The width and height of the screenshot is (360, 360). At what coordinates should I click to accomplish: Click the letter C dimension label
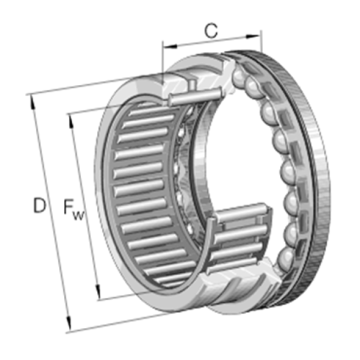tap(211, 31)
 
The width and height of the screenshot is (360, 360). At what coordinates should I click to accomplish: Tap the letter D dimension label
tap(39, 205)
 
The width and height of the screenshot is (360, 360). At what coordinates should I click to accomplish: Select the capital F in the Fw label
tap(68, 206)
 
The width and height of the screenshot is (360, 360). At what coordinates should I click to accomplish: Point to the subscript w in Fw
tap(79, 216)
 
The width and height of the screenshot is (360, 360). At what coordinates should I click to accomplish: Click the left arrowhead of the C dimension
tap(170, 46)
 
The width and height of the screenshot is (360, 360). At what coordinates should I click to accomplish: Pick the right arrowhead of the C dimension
tap(253, 37)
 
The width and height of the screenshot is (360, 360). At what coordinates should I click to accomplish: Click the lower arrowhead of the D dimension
tap(68, 323)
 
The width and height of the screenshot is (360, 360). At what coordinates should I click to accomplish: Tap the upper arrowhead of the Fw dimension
tap(70, 121)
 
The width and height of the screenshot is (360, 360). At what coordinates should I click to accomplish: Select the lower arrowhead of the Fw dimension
tap(98, 292)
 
